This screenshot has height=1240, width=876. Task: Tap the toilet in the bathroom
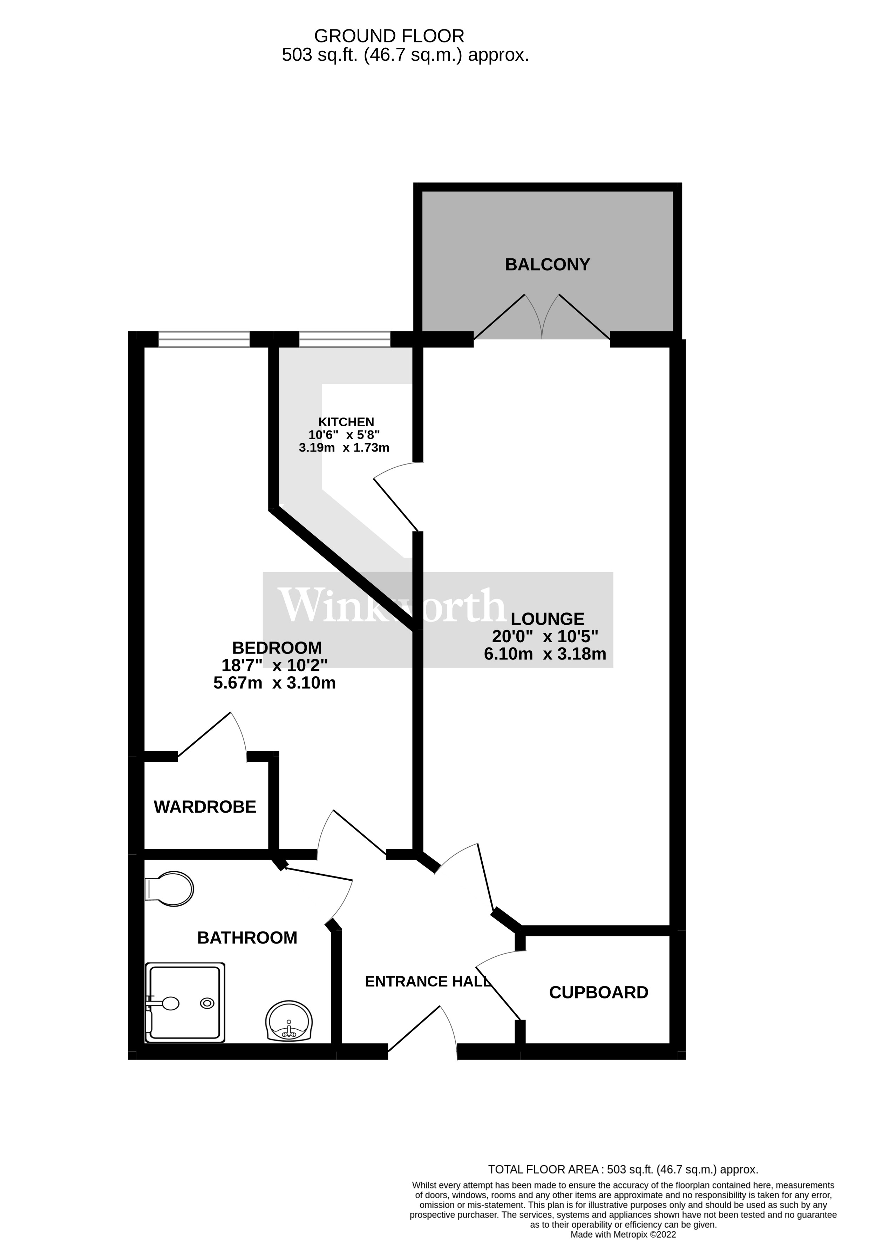tap(169, 888)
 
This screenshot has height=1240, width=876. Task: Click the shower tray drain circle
tap(207, 1003)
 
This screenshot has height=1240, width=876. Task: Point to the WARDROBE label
tap(205, 807)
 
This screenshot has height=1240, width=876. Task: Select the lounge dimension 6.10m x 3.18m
tap(545, 654)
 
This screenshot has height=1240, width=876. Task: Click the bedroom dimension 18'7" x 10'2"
tap(274, 665)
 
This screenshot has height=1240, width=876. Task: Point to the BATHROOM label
tap(247, 937)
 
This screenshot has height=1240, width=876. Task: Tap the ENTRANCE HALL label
tap(427, 981)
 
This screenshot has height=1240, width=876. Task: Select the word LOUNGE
tap(548, 619)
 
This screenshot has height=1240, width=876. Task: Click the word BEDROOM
tap(277, 648)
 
